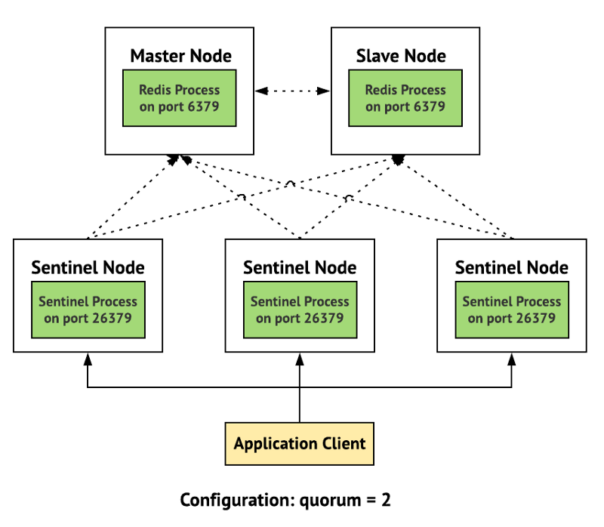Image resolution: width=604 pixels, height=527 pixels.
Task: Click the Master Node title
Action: (x=180, y=56)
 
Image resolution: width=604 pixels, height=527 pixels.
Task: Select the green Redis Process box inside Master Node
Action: (x=180, y=98)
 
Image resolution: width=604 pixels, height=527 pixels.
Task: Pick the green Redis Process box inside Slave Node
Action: (x=405, y=98)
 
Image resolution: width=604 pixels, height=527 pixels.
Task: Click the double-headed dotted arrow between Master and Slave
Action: (x=292, y=91)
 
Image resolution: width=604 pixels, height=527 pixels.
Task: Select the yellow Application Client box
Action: (x=300, y=443)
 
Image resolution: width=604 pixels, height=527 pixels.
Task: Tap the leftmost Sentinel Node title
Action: (x=88, y=267)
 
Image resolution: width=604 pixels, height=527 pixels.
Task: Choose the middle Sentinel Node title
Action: (x=300, y=267)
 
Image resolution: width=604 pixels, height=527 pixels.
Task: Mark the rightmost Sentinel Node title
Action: (x=512, y=267)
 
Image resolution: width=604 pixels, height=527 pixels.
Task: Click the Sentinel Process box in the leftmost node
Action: (x=88, y=310)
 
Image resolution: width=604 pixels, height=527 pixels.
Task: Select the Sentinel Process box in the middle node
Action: (x=300, y=310)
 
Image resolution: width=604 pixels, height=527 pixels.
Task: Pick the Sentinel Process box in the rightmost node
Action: (x=512, y=310)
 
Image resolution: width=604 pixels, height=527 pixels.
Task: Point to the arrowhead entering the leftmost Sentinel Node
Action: (x=88, y=358)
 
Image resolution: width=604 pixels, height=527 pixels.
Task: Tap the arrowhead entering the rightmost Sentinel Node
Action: (x=512, y=358)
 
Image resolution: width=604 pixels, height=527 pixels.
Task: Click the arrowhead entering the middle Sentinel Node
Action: (x=300, y=358)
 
